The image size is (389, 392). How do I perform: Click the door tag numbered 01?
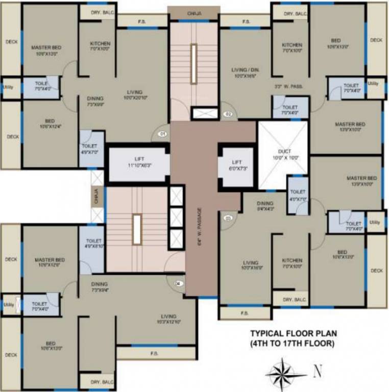click(x=163, y=135)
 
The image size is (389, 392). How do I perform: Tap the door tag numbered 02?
click(x=229, y=114)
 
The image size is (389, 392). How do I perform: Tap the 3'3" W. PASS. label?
click(x=288, y=87)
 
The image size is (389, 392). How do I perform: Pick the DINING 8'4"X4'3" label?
click(x=265, y=205)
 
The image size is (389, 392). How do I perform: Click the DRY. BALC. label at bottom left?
click(x=102, y=382)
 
